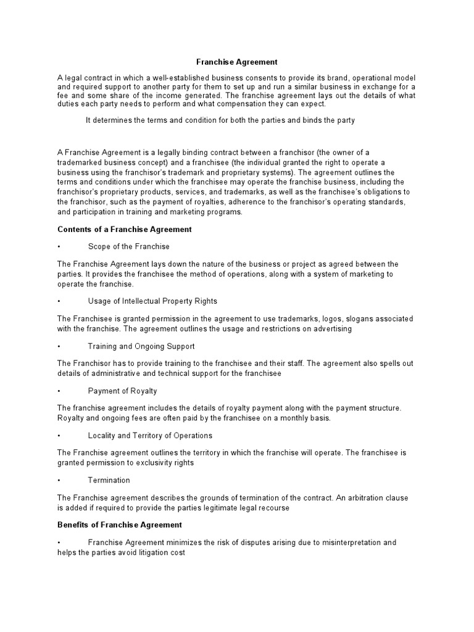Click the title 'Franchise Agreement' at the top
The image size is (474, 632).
237,62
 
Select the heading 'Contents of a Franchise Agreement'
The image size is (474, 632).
125,229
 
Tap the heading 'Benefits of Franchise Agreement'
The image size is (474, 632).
120,525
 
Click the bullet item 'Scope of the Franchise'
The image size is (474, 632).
128,247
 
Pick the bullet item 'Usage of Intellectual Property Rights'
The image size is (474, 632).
152,301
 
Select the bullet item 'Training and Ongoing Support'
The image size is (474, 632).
141,346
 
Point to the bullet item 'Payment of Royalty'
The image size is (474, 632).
122,391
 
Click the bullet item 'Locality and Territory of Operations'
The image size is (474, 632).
150,436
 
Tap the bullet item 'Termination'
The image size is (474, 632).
109,480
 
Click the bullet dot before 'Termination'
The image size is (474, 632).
59,480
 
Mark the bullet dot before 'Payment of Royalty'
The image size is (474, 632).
59,391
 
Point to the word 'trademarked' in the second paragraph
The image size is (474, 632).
79,162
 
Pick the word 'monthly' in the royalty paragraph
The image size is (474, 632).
292,418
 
